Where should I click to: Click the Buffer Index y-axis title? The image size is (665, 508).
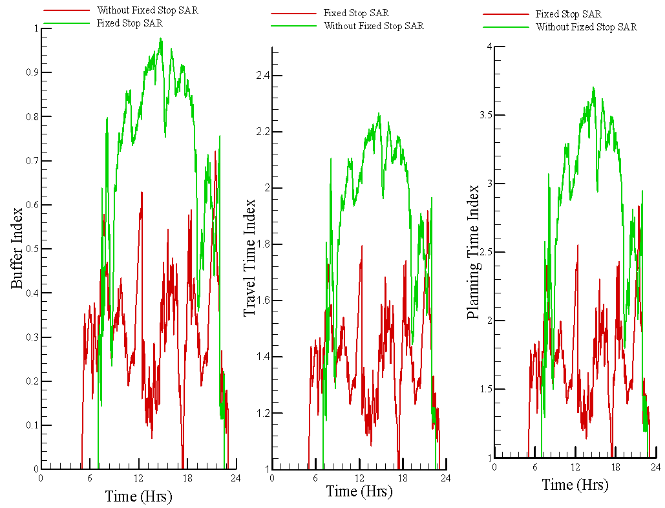pos(17,248)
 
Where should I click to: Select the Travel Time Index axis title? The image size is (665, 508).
pos(249,257)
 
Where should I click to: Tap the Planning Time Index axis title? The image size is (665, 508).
pos(474,252)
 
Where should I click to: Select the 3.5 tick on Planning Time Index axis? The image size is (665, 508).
pos(481,116)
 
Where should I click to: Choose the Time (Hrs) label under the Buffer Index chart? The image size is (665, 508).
pos(138,496)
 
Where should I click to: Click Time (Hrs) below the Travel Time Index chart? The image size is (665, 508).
pos(359,491)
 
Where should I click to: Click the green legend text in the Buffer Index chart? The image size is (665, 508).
pos(129,23)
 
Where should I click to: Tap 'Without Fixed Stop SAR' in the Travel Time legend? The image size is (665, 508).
pos(374,26)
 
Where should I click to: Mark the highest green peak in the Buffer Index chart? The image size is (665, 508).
pos(161,39)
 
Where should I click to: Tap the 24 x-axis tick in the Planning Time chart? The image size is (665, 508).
pos(655,467)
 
